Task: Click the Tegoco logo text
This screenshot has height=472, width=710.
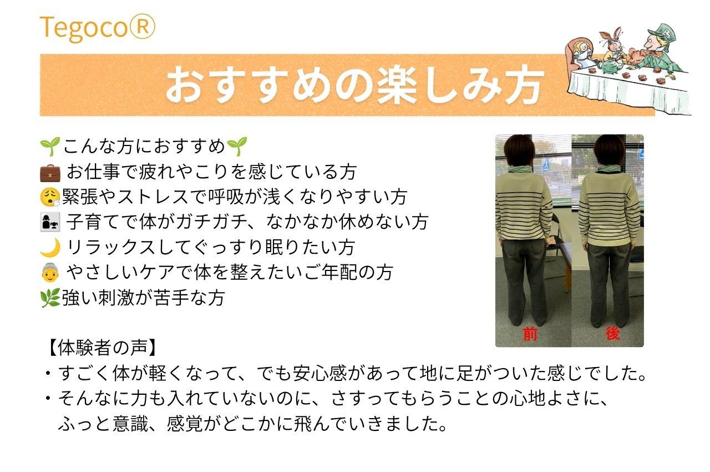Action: click(x=97, y=28)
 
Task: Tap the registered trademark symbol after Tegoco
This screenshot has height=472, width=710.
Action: click(x=141, y=27)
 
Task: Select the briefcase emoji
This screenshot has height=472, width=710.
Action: click(x=50, y=173)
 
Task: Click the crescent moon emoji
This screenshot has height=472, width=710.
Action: click(x=50, y=248)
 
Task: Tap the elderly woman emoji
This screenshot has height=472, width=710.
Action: click(x=50, y=273)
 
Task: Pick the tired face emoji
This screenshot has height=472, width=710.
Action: click(x=50, y=197)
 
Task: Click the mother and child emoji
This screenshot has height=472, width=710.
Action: click(x=50, y=222)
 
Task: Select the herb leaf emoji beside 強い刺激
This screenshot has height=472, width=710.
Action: click(x=50, y=298)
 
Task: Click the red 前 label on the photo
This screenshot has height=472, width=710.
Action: click(x=530, y=334)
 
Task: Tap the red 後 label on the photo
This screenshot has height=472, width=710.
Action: click(x=612, y=333)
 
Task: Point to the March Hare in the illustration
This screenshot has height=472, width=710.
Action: click(x=613, y=48)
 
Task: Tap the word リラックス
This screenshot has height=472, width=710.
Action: click(x=110, y=248)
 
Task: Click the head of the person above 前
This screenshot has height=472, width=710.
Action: click(x=518, y=151)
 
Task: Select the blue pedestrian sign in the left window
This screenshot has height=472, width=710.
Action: click(x=546, y=165)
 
